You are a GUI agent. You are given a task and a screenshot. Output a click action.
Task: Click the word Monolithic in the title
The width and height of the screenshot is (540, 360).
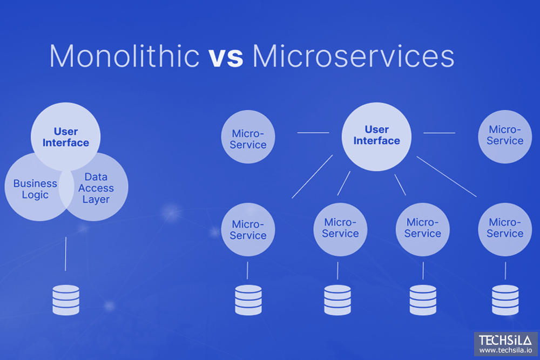pos(124,56)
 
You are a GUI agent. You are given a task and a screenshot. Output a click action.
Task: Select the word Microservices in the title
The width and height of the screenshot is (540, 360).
pos(353,56)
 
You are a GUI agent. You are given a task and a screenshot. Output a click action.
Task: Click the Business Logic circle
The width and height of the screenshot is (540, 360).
pos(32,189)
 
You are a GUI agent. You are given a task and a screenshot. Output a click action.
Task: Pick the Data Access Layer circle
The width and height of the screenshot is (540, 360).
pos(100,189)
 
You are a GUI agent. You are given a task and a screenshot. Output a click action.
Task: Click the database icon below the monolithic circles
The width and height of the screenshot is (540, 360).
pos(65,300)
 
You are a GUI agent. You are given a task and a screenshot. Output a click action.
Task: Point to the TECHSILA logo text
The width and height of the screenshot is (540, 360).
pos(505,341)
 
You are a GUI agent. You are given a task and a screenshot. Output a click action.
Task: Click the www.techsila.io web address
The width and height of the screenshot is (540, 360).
pos(505,351)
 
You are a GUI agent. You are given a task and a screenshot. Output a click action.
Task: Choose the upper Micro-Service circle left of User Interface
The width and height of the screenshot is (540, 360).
pos(248,138)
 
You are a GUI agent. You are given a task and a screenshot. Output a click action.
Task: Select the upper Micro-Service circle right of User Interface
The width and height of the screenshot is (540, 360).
pos(505,135)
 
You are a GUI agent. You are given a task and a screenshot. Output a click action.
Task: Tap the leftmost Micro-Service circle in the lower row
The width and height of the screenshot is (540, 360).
pos(248,229)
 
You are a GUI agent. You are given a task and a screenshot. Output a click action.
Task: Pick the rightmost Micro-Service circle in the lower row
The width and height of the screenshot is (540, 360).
pos(505,228)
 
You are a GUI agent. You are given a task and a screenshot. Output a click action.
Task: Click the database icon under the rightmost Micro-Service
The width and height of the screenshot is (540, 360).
pos(505,300)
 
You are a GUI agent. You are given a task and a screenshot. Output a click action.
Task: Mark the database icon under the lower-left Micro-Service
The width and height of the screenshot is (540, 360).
pos(248,300)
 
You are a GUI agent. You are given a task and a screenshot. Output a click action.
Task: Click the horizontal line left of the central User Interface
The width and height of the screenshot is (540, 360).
pos(313,132)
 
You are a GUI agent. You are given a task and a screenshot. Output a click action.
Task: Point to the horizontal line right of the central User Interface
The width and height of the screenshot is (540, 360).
pos(439,132)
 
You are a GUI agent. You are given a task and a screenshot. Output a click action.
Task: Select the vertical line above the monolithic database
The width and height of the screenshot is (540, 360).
pos(65,253)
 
